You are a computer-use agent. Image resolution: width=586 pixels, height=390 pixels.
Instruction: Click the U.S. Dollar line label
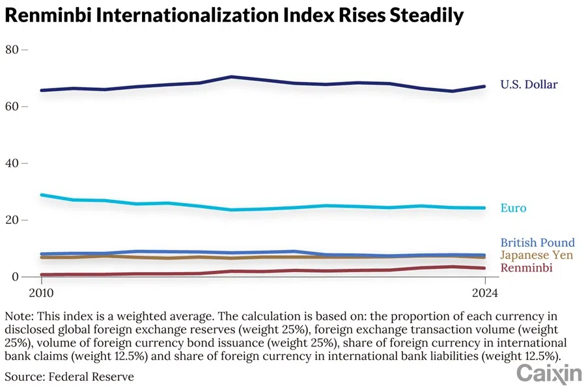(x=529, y=84)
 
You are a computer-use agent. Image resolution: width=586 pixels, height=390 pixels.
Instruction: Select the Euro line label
(x=513, y=208)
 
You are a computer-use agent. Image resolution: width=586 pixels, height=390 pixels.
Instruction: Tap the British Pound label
(x=537, y=243)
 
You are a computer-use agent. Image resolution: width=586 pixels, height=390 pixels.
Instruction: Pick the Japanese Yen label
(x=537, y=255)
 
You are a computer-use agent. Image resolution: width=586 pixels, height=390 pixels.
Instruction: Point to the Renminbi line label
(x=526, y=268)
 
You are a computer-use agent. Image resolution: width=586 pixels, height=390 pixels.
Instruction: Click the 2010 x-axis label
(x=42, y=293)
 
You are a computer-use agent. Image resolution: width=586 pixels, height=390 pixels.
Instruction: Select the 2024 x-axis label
(x=484, y=293)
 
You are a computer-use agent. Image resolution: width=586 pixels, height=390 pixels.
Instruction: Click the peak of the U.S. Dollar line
(x=231, y=77)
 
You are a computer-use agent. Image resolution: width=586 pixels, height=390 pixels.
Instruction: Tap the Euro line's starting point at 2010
(x=42, y=195)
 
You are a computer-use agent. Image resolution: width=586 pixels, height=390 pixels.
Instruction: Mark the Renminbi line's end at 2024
(x=484, y=268)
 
